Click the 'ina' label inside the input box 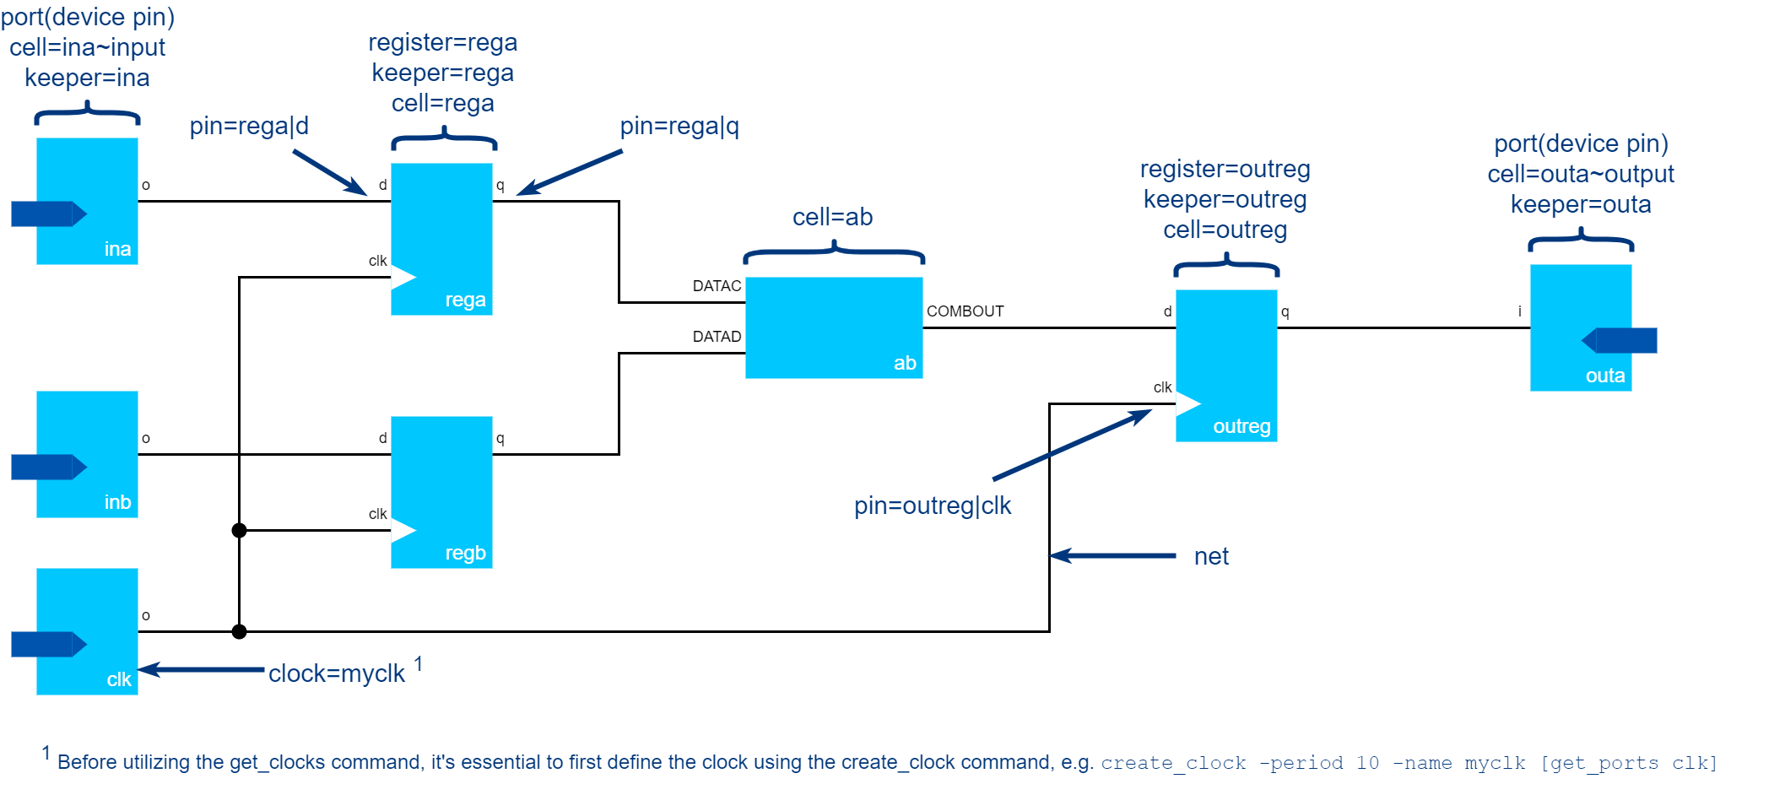pos(117,249)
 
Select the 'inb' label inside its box pos(117,502)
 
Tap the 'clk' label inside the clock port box pos(119,679)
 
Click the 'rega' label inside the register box pos(465,300)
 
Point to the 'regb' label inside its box pos(465,553)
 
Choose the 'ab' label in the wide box pos(905,363)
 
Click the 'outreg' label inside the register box pos(1241,426)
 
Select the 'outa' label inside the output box pos(1604,376)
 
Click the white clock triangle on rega pos(402,277)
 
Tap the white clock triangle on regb pos(402,530)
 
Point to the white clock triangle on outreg pos(1187,403)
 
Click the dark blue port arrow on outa pos(1620,340)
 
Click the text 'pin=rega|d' pos(249,127)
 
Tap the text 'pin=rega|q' pos(679,127)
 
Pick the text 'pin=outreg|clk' pos(932,506)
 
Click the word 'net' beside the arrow pos(1211,556)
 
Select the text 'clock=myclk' pos(336,673)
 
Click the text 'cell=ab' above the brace pos(832,217)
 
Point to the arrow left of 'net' pos(1112,555)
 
